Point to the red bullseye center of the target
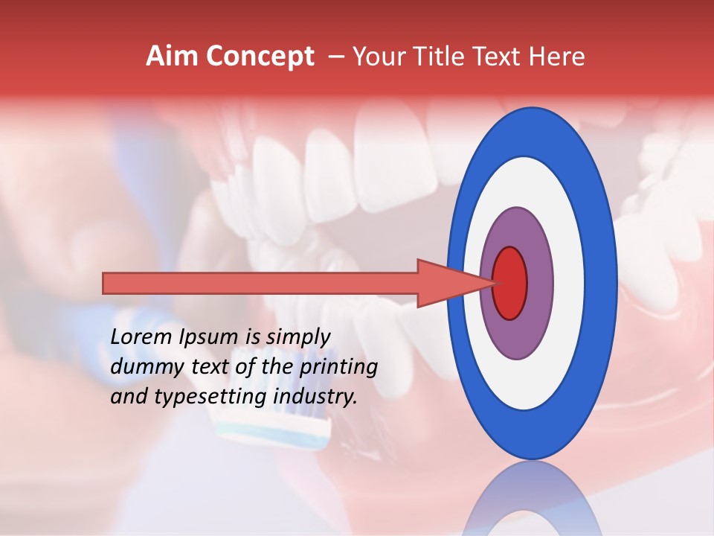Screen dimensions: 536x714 pos(510,283)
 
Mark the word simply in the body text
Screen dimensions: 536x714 pos(297,337)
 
